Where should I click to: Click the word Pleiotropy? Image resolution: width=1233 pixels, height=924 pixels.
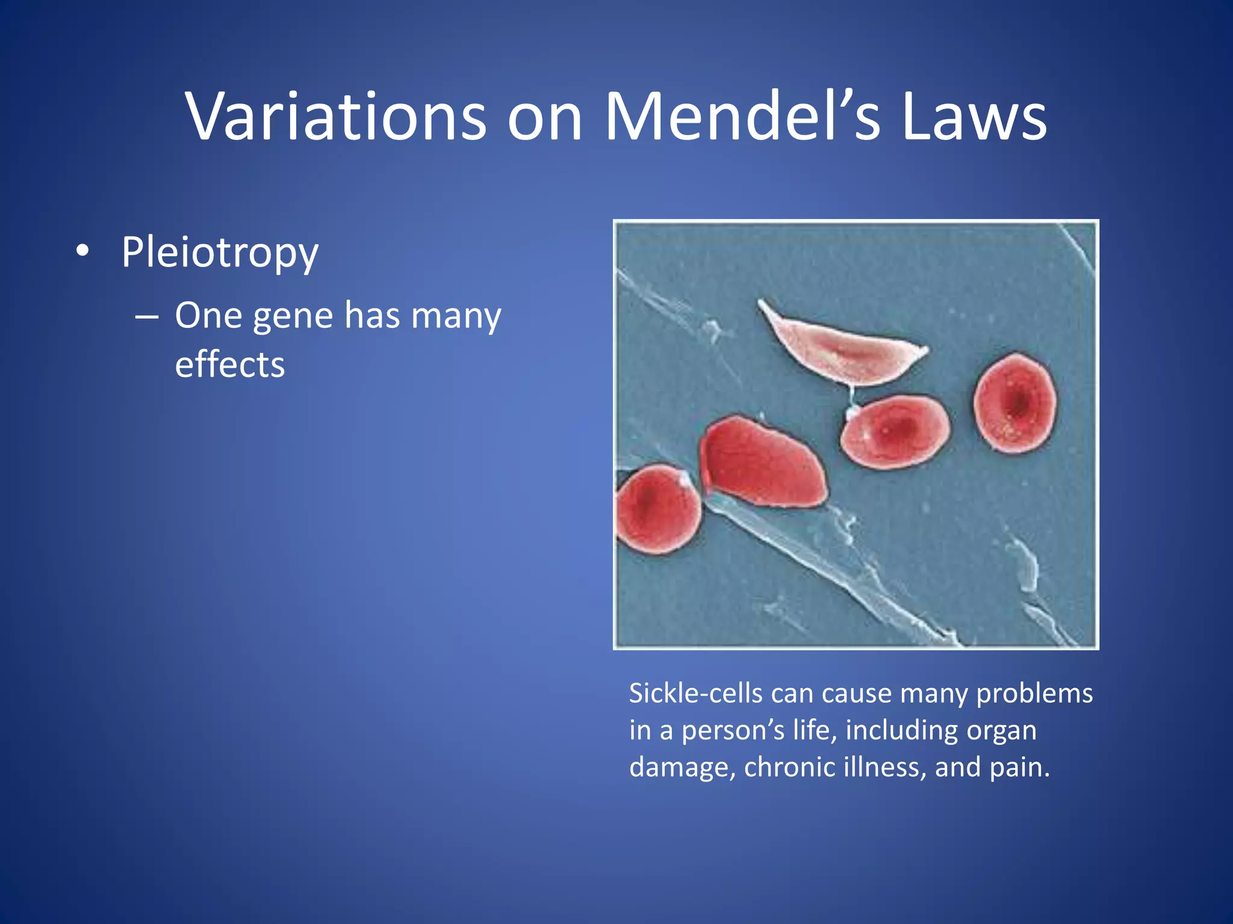click(x=219, y=253)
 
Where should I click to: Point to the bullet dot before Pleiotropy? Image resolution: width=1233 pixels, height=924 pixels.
click(x=82, y=251)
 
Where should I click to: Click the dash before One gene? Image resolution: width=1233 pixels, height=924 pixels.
click(x=147, y=316)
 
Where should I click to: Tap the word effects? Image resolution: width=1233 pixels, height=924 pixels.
click(x=229, y=365)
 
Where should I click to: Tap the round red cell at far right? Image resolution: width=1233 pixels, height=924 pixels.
click(x=1015, y=403)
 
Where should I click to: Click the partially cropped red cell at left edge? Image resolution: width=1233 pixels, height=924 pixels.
click(x=657, y=509)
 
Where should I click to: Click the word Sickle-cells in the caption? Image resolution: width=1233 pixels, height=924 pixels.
click(x=695, y=694)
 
